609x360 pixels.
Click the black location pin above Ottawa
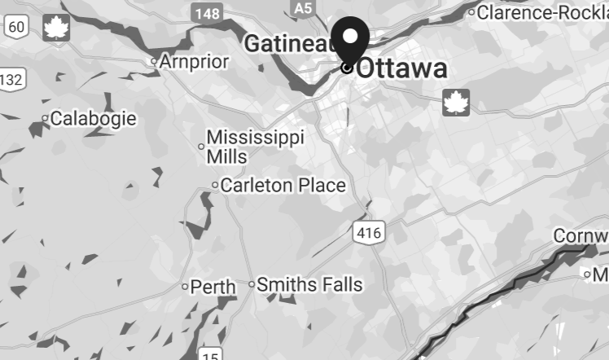click(x=351, y=38)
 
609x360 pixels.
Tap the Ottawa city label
click(x=402, y=68)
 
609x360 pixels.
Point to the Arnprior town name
click(x=195, y=61)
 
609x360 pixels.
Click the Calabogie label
click(x=94, y=119)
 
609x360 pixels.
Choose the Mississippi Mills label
click(x=254, y=146)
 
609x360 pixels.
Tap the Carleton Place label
click(x=283, y=186)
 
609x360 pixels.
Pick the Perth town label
click(x=213, y=287)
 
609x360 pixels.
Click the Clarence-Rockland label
click(x=542, y=12)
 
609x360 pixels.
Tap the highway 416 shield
click(x=367, y=233)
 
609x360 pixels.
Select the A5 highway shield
click(x=303, y=8)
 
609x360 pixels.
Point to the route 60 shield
click(x=16, y=28)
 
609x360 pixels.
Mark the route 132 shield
click(x=11, y=79)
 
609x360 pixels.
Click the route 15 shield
click(x=210, y=354)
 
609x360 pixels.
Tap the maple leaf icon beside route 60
click(x=56, y=27)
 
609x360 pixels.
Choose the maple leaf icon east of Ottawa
click(x=456, y=103)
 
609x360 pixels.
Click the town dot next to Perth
click(x=185, y=287)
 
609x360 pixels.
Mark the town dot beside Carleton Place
click(x=215, y=186)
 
